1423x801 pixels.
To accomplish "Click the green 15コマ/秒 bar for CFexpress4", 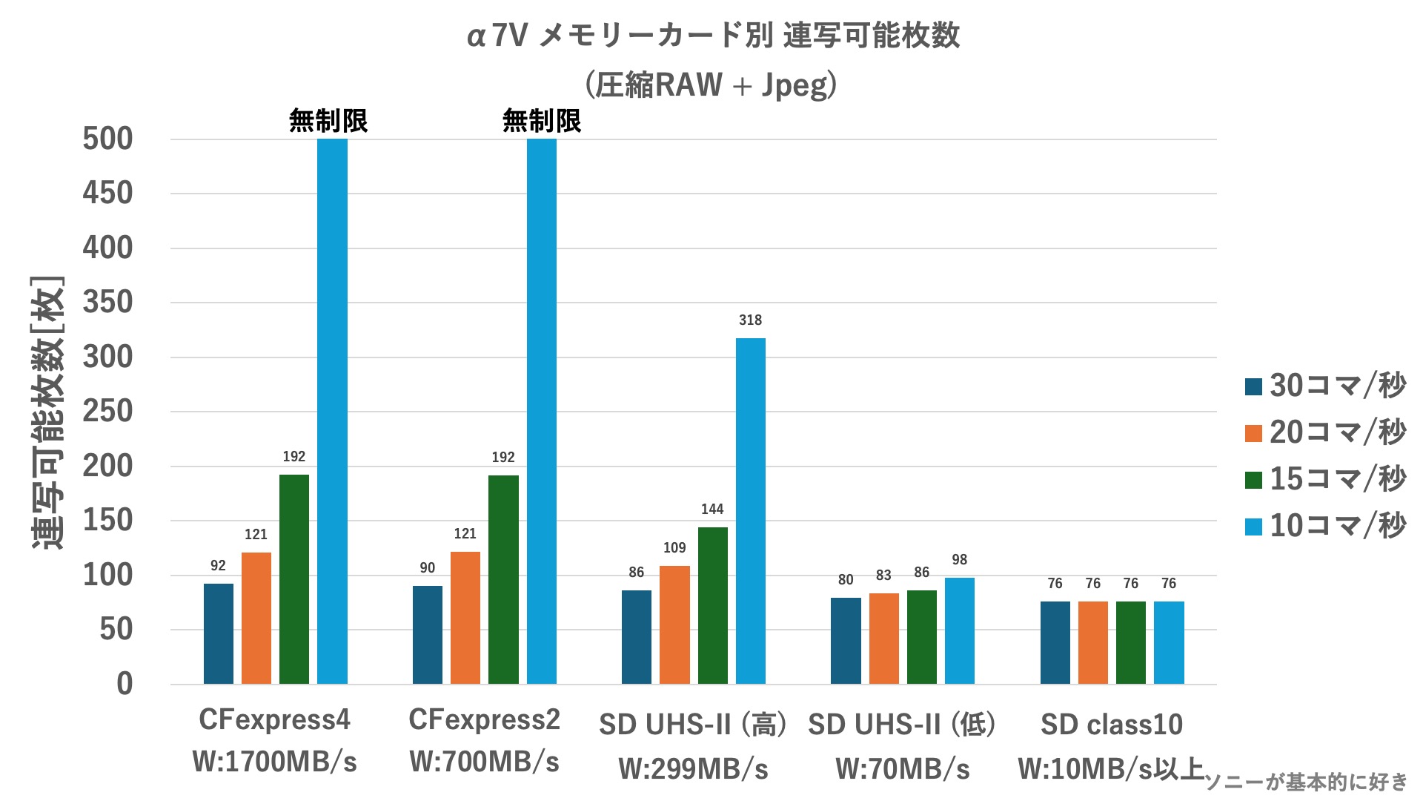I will pos(294,578).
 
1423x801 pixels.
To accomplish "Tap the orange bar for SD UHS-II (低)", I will pos(883,638).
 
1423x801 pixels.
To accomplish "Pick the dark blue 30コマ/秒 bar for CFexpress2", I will pos(428,634).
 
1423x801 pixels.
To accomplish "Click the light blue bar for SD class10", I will pos(1169,642).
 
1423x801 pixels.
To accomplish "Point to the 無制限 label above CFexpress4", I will pos(328,121).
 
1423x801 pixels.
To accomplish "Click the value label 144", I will pos(712,509).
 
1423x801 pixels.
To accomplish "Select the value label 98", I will pos(959,560).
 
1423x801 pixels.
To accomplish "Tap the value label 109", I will pos(674,548).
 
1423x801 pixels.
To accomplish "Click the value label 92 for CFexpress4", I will pos(218,566).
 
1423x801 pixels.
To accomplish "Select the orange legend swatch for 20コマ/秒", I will pos(1253,433).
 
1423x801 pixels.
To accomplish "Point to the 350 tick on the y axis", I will pos(107,303).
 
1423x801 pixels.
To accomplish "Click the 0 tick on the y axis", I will pos(125,684).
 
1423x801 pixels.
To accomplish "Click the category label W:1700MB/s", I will pos(274,762).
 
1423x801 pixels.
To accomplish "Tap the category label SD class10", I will pos(1112,725).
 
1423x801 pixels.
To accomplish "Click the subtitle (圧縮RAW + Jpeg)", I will pos(711,85).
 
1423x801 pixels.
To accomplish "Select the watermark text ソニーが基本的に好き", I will pos(1306,782).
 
